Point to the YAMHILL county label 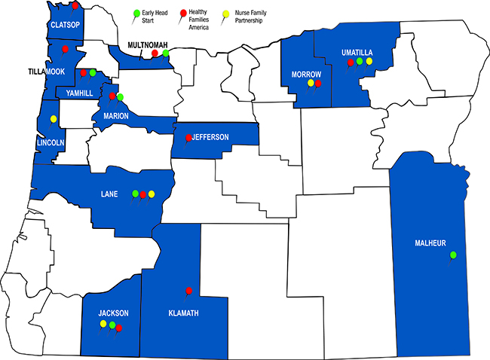pyautogui.click(x=80, y=93)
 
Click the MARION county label pyautogui.click(x=115, y=116)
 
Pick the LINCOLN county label pyautogui.click(x=50, y=142)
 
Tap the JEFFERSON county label pyautogui.click(x=213, y=137)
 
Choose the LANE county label pyautogui.click(x=109, y=194)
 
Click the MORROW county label pyautogui.click(x=307, y=74)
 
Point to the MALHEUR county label pyautogui.click(x=430, y=243)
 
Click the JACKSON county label pyautogui.click(x=113, y=313)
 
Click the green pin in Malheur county pyautogui.click(x=453, y=255)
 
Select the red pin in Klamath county pyautogui.click(x=189, y=290)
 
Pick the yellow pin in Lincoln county pyautogui.click(x=53, y=118)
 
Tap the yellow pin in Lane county pyautogui.click(x=152, y=194)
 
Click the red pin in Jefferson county pyautogui.click(x=188, y=138)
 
